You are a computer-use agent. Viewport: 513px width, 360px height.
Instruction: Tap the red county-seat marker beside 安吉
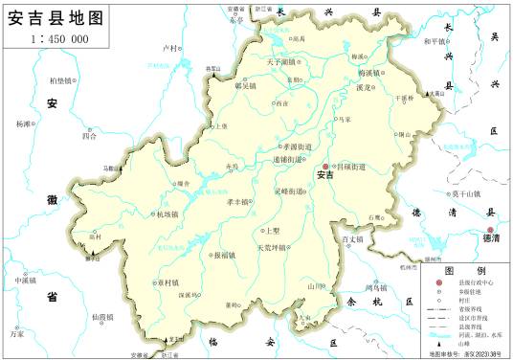point(324,165)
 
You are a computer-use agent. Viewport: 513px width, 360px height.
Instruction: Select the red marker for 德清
point(490,231)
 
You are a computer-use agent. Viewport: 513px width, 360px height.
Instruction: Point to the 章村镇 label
point(170,282)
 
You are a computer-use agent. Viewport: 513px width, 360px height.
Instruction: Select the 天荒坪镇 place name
point(271,248)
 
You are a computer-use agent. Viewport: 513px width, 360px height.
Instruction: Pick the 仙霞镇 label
point(100,316)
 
